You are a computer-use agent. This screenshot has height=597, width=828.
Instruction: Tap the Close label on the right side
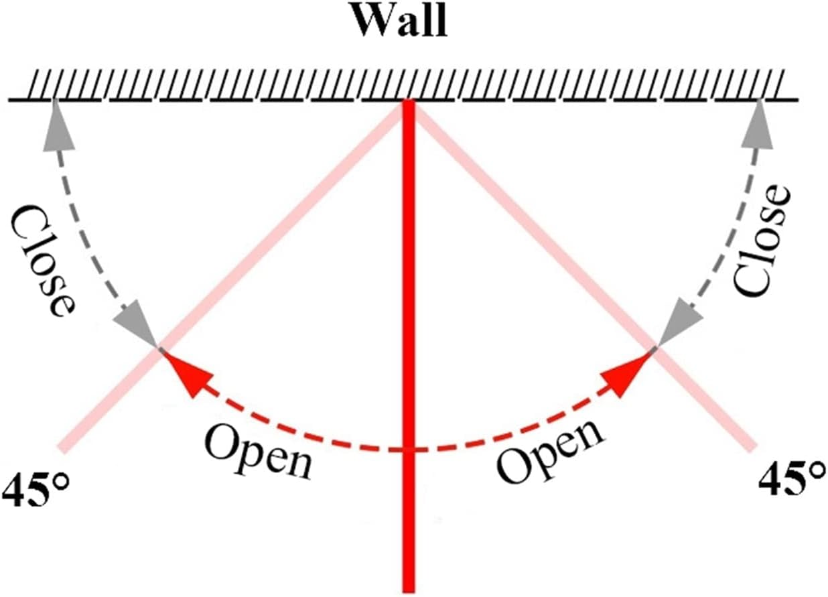point(764,241)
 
